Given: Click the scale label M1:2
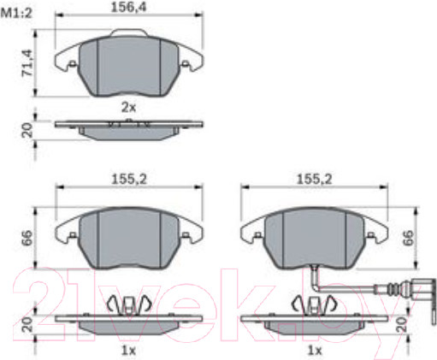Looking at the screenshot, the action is click(16, 13).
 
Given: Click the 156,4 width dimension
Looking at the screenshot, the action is click(128, 7).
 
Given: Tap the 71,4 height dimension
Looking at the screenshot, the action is click(27, 63).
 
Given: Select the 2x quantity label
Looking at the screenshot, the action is click(129, 108).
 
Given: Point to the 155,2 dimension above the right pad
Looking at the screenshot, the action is click(315, 180).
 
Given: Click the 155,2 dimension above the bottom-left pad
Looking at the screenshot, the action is click(129, 180).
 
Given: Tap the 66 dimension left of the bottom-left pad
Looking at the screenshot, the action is click(27, 239).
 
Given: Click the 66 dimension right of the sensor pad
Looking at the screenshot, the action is click(408, 238).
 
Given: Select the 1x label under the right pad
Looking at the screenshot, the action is click(315, 351).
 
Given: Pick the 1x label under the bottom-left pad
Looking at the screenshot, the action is click(129, 351).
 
